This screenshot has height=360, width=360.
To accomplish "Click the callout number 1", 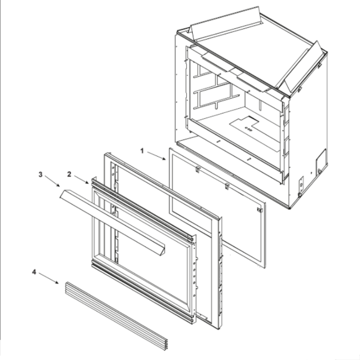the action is tap(142, 151).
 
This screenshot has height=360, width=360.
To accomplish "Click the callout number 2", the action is tap(69, 175).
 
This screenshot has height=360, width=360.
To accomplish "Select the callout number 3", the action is tap(40, 175).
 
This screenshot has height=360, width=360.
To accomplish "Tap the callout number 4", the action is tap(34, 272).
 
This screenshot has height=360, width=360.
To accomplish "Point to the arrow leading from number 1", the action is tap(156, 156).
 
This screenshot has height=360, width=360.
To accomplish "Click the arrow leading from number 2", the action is tap(81, 180).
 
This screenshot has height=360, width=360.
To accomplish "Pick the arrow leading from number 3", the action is tap(52, 181).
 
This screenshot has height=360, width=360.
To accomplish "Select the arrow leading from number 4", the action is tap(49, 278).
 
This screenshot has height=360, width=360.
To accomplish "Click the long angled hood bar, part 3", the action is tap(112, 222).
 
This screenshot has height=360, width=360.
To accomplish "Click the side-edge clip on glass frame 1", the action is tap(260, 210).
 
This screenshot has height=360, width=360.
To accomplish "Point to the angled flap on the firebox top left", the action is tap(225, 23).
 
